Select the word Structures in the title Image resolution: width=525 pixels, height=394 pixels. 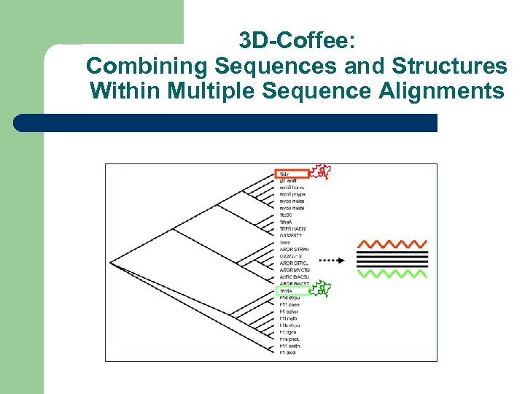449,66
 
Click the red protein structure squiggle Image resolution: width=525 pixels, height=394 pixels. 321,171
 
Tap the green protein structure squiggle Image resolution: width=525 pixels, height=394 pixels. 320,290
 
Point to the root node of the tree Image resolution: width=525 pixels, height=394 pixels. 111,262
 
